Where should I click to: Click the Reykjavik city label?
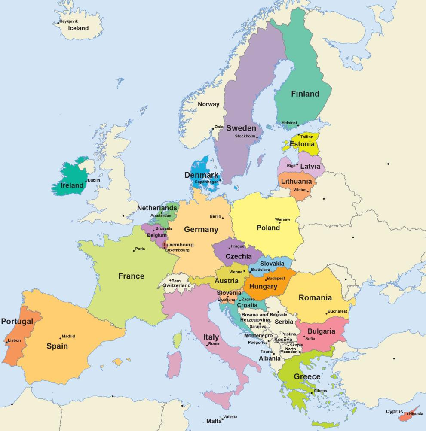(69, 21)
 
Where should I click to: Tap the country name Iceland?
(78, 28)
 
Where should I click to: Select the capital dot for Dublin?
(86, 181)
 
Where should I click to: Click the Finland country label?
(305, 94)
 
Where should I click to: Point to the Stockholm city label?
(245, 136)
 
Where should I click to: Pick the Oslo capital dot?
(213, 127)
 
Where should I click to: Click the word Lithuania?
(296, 182)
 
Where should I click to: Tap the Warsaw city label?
(282, 219)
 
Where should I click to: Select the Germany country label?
(201, 229)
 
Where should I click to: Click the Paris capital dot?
(134, 250)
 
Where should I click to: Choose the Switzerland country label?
(177, 285)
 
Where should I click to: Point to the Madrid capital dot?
(60, 338)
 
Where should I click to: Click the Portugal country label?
(17, 322)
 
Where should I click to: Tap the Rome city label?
(214, 344)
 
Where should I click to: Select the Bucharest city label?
(337, 311)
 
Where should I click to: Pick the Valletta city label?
(230, 417)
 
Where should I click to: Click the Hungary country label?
(263, 286)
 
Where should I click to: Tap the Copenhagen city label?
(207, 182)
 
